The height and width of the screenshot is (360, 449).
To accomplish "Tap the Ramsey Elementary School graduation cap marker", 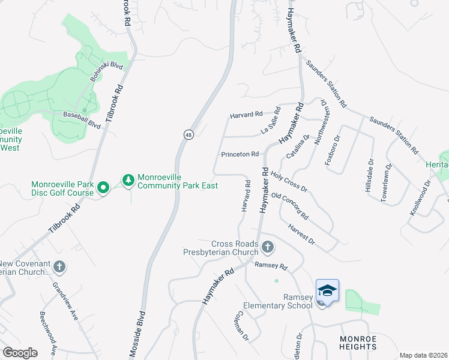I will (x=327, y=290).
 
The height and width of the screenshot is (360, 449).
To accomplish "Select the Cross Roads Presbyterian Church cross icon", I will (x=268, y=247).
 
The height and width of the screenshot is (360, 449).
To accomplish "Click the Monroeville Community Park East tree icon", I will (x=128, y=179).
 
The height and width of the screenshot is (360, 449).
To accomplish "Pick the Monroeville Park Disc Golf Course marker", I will (x=103, y=187).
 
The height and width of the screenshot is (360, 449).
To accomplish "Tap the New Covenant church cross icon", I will (x=59, y=266).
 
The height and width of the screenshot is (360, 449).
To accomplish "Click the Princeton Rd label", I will (x=240, y=154).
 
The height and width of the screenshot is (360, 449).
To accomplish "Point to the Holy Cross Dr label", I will (x=289, y=181).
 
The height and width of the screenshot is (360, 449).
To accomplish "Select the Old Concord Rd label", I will (x=289, y=206).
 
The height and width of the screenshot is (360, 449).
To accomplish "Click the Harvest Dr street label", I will (x=301, y=233).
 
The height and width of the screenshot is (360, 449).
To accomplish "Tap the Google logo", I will (x=20, y=353).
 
